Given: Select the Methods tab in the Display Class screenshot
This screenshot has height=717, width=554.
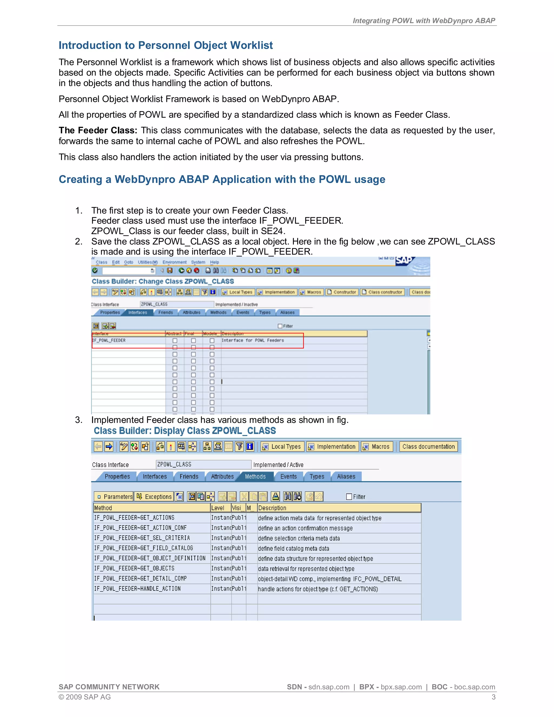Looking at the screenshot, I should [x=255, y=476].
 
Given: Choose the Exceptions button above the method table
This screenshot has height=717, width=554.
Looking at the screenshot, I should [x=154, y=496].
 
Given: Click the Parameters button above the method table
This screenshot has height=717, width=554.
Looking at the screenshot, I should [x=114, y=496].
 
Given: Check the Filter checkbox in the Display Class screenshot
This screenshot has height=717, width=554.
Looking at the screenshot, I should [x=349, y=497].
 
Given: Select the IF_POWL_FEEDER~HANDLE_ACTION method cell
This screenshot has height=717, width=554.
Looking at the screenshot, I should [x=137, y=589].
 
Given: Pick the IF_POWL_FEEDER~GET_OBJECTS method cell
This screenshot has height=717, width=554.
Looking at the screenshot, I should [x=134, y=568].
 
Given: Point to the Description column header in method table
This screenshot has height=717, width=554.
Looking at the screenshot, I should [x=272, y=508].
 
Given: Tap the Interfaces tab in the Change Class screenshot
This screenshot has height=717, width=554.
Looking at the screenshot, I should [x=137, y=312].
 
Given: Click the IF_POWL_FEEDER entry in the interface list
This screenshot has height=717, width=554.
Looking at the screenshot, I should [x=109, y=340].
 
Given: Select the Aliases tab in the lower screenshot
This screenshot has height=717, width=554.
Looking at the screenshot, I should [x=346, y=476].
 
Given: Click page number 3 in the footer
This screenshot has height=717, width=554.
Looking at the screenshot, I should [x=493, y=697].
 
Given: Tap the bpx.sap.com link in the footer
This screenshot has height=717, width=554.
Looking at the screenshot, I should [x=401, y=687].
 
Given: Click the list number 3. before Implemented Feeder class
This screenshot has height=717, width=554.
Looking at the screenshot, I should [x=78, y=420].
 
